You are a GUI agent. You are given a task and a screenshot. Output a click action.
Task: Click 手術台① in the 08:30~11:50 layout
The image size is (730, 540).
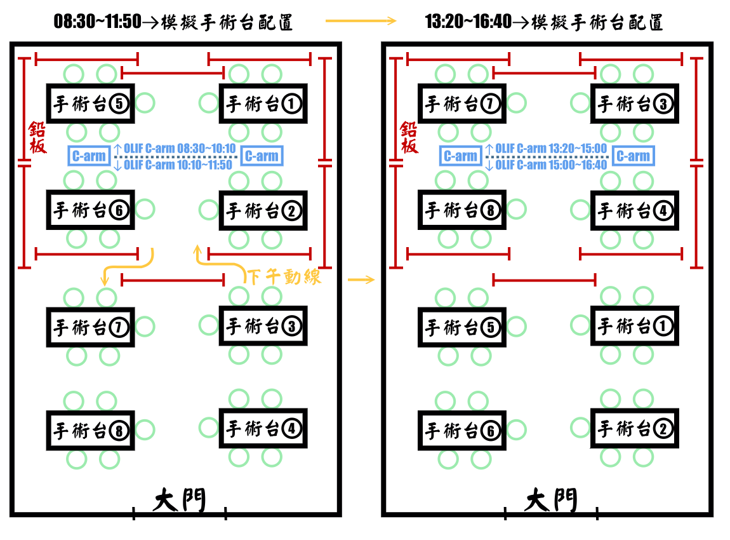click(263, 104)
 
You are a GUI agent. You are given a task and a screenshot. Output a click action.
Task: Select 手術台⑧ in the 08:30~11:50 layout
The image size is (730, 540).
click(90, 431)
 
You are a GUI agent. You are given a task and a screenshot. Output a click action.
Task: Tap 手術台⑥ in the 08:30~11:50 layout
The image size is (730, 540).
click(90, 210)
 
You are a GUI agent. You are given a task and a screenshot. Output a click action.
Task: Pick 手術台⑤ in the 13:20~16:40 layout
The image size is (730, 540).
click(461, 327)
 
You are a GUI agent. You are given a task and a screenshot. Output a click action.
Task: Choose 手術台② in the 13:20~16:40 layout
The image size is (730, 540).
click(634, 429)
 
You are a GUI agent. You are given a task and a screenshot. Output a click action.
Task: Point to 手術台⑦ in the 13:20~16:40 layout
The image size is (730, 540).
click(461, 104)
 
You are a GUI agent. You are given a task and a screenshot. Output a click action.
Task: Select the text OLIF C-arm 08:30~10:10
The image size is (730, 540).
click(180, 149)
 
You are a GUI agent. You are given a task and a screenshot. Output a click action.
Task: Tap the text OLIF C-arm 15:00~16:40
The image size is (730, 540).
click(551, 165)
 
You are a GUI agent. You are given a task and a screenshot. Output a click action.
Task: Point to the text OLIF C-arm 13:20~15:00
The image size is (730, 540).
click(551, 149)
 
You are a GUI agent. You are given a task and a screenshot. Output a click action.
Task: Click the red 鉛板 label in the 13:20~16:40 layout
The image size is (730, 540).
click(409, 138)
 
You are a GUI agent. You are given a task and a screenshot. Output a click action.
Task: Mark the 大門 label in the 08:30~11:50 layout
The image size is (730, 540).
click(180, 501)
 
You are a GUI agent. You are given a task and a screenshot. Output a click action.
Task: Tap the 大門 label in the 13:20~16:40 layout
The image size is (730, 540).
click(551, 501)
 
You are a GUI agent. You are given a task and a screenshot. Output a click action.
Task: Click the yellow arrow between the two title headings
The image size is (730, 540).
click(361, 22)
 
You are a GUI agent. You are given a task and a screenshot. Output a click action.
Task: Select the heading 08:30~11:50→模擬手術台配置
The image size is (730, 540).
click(173, 22)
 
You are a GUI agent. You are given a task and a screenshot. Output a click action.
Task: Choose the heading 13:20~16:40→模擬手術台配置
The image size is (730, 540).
click(545, 22)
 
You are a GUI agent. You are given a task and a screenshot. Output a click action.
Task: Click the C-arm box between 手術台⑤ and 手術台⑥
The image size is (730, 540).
click(88, 156)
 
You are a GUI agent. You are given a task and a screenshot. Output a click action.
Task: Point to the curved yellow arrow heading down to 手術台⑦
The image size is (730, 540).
click(127, 267)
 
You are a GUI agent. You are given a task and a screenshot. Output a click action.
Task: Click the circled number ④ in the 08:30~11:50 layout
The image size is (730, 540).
click(291, 429)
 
